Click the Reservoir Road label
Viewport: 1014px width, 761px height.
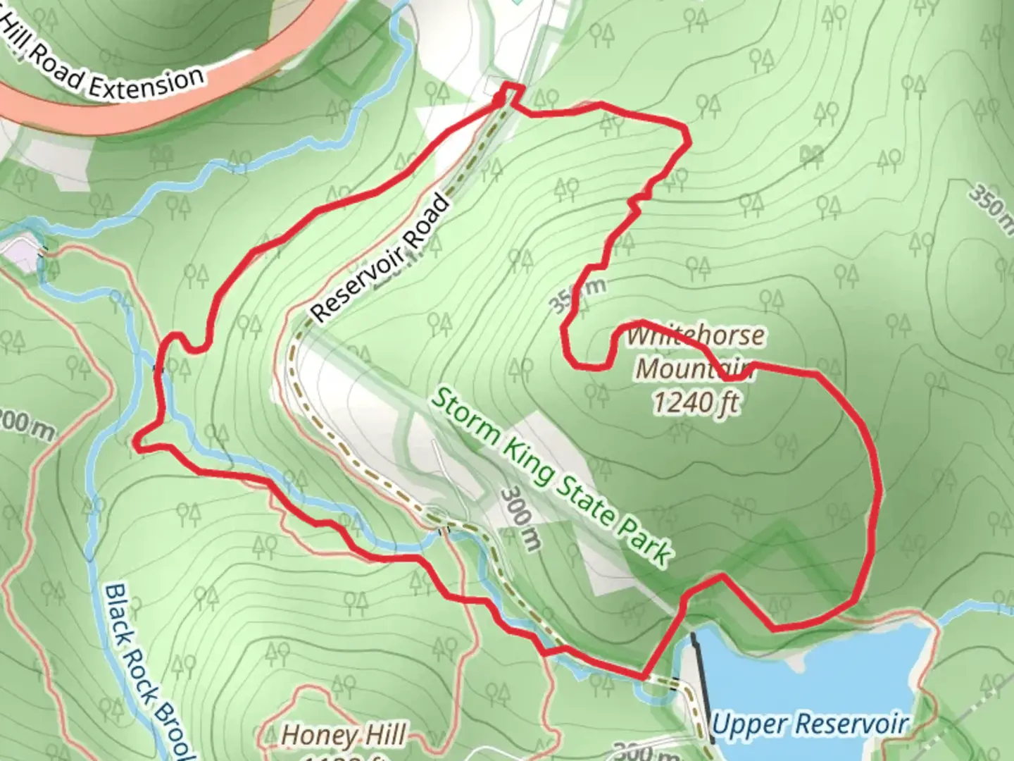click(380, 259)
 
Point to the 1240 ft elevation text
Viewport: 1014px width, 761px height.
click(696, 402)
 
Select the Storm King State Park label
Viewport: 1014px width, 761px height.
click(549, 476)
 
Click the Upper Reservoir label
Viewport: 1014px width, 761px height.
click(810, 723)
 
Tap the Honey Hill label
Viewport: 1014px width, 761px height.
click(344, 736)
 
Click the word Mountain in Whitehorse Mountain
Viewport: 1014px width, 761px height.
click(694, 369)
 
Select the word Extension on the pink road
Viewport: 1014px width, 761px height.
click(146, 82)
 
